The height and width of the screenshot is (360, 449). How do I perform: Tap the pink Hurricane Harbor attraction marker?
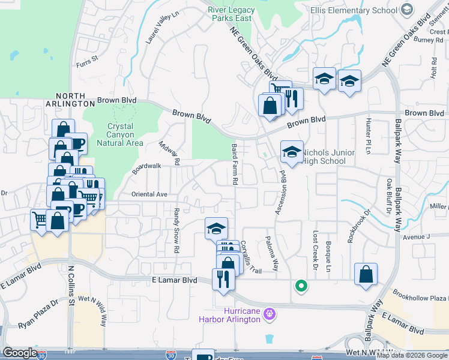(270, 313)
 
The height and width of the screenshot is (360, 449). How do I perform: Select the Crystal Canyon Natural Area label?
(124, 135)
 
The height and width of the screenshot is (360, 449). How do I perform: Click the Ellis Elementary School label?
(353, 10)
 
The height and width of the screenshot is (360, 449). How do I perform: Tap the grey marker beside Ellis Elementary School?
(407, 10)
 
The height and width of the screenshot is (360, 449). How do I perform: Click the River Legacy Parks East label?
(231, 14)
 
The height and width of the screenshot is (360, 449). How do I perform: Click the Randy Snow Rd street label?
(176, 230)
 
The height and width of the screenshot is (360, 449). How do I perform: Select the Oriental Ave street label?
(149, 194)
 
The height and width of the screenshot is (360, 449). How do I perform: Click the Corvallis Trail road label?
(251, 257)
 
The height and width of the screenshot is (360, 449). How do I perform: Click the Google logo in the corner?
(20, 352)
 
